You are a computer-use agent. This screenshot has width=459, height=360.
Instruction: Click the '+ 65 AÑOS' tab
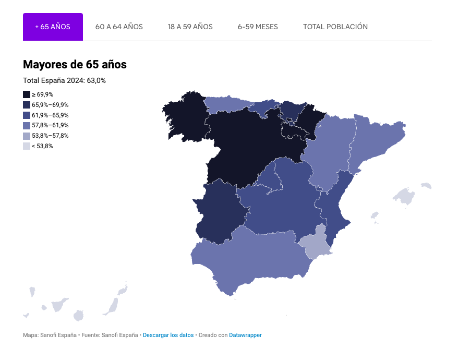pos(53,27)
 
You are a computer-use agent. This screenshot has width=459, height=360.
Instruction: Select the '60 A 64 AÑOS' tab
pos(119,27)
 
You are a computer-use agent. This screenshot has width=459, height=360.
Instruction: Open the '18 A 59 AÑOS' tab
pos(190,27)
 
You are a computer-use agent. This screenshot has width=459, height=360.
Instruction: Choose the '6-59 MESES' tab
pos(258,27)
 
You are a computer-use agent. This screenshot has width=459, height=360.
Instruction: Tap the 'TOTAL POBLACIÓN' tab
pos(335,27)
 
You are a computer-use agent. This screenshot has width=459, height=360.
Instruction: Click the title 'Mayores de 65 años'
pos(75,65)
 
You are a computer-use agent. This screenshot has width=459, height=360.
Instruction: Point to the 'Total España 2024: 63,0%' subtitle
pos(65,80)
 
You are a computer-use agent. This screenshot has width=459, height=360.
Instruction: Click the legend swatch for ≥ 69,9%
pos(27,94)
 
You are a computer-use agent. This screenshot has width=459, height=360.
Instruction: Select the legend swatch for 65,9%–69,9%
pos(27,105)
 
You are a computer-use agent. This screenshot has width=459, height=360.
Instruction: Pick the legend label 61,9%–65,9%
pos(50,115)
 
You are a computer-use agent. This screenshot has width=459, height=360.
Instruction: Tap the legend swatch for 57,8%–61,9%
pos(27,125)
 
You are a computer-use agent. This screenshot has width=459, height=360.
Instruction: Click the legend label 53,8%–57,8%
pos(50,136)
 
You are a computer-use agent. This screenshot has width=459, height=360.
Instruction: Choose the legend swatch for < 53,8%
pos(27,146)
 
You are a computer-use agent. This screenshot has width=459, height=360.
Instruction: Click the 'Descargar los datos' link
pos(168,335)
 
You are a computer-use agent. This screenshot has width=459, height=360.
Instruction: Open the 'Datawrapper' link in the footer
pos(245,335)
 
